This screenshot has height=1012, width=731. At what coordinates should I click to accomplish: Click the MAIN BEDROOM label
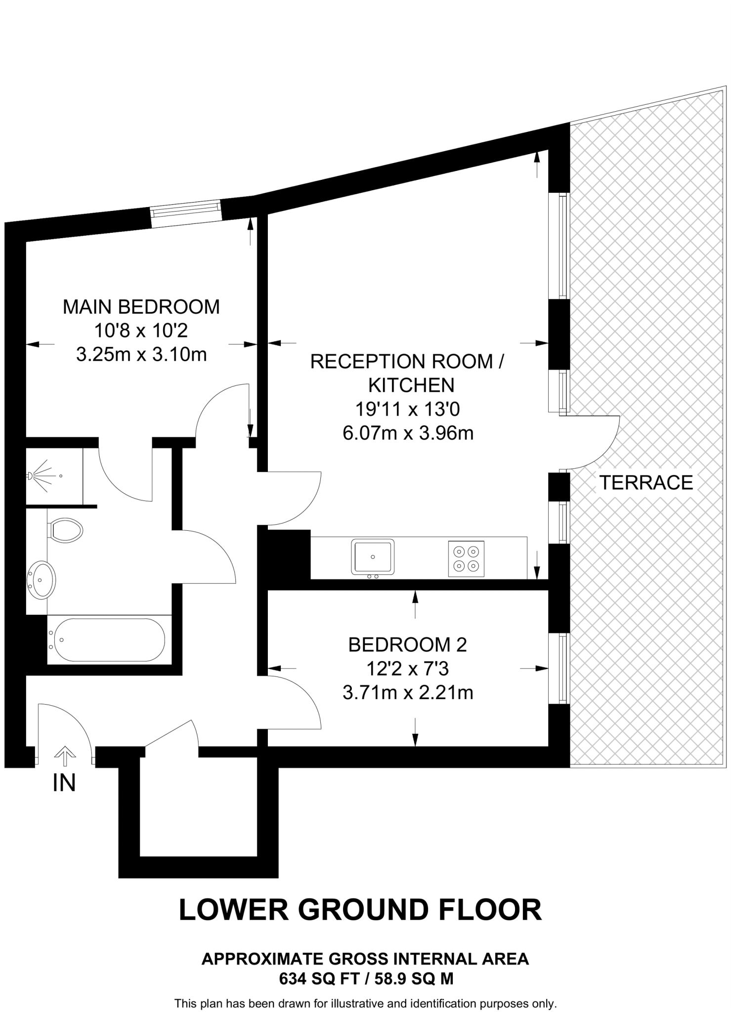pyautogui.click(x=141, y=307)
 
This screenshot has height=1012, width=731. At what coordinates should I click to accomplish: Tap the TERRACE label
pyautogui.click(x=646, y=482)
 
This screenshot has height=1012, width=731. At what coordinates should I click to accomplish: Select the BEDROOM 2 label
pyautogui.click(x=407, y=645)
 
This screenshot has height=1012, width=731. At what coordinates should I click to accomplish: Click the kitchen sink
pyautogui.click(x=373, y=557)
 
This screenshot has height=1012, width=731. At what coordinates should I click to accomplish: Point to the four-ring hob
pyautogui.click(x=466, y=559)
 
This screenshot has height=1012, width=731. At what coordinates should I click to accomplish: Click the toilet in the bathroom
pyautogui.click(x=66, y=530)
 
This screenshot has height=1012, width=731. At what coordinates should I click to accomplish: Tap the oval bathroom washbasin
pyautogui.click(x=42, y=580)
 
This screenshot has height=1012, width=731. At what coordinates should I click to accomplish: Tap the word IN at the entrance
pyautogui.click(x=64, y=783)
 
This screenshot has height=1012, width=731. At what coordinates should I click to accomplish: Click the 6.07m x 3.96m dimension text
pyautogui.click(x=408, y=433)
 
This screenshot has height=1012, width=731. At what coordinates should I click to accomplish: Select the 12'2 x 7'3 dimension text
pyautogui.click(x=407, y=669)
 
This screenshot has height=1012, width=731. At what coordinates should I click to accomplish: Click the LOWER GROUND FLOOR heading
pyautogui.click(x=360, y=910)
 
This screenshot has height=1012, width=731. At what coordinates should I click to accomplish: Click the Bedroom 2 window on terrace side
pyautogui.click(x=562, y=668)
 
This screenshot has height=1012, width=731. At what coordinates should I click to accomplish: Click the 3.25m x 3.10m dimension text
pyautogui.click(x=141, y=354)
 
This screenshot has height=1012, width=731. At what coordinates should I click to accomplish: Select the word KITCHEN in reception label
pyautogui.click(x=411, y=385)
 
